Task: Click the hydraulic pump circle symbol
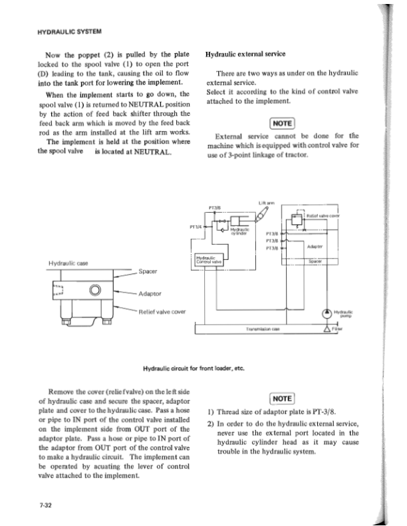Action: click(327, 314)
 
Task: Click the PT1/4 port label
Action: click(196, 227)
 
